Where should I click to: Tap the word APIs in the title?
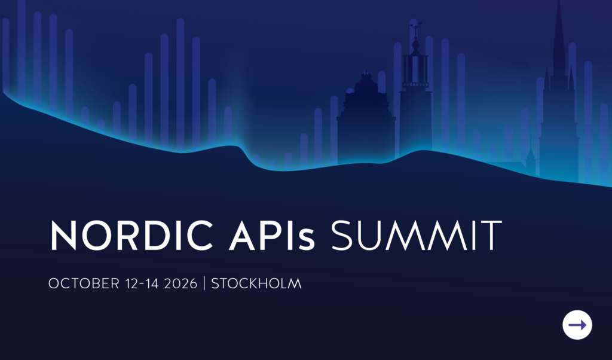(272, 235)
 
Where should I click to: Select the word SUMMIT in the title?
(416, 235)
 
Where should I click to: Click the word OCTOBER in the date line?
(84, 283)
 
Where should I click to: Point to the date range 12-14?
(142, 283)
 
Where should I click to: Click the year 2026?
(180, 283)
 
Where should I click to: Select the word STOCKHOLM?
(256, 283)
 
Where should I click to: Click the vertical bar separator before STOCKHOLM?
(204, 283)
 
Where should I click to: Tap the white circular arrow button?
(577, 325)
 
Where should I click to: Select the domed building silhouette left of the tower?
(366, 117)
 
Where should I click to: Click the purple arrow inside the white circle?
(578, 325)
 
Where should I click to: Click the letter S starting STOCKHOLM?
(215, 283)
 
